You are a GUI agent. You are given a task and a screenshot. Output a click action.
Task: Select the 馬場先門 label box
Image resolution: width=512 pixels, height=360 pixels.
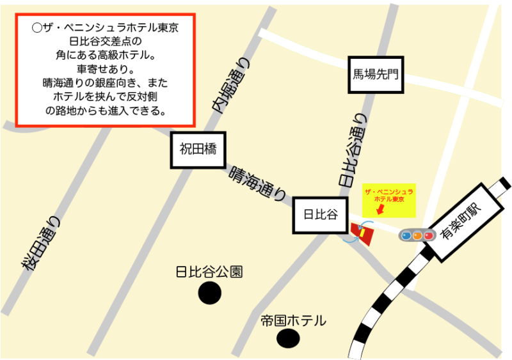pos(376,74)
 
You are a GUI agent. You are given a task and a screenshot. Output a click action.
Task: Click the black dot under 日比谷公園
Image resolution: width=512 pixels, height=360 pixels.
pos(209,293)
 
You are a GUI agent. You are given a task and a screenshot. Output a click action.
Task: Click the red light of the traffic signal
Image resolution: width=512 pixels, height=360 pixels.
pos(428,235)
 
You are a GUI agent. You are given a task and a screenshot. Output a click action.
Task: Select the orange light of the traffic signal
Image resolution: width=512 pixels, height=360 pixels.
pos(417,235)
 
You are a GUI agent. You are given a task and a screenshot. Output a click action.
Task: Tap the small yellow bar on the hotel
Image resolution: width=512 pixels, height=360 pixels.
pos(362,233)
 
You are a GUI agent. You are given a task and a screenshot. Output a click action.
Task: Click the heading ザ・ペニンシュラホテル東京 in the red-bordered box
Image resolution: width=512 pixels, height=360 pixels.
pos(105,29)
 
